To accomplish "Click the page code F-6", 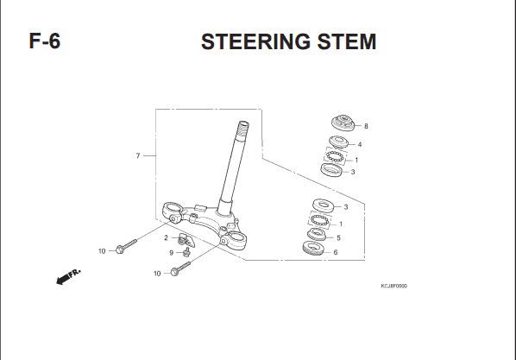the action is (x=45, y=41).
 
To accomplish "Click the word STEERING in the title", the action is (x=255, y=41).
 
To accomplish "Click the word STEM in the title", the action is (x=347, y=41).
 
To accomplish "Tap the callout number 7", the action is (x=138, y=155).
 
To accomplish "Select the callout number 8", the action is (x=366, y=126).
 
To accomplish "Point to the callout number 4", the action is (x=360, y=144).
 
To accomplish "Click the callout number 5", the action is (x=338, y=237).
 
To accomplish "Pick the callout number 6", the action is (x=336, y=252).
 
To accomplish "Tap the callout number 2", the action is (x=166, y=237).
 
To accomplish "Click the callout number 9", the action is (x=171, y=253).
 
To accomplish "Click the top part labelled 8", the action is (x=343, y=123).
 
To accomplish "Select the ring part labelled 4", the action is (x=338, y=142).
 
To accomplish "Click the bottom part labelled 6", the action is (x=312, y=248).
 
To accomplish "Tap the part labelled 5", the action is (x=317, y=234).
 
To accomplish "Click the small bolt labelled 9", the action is (x=187, y=252).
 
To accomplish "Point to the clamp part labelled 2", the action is (x=186, y=240).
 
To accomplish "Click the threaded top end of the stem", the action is (x=242, y=128).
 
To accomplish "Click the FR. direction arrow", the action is (x=68, y=276).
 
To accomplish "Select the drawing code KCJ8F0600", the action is (x=394, y=286).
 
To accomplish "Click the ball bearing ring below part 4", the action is (x=336, y=156).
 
